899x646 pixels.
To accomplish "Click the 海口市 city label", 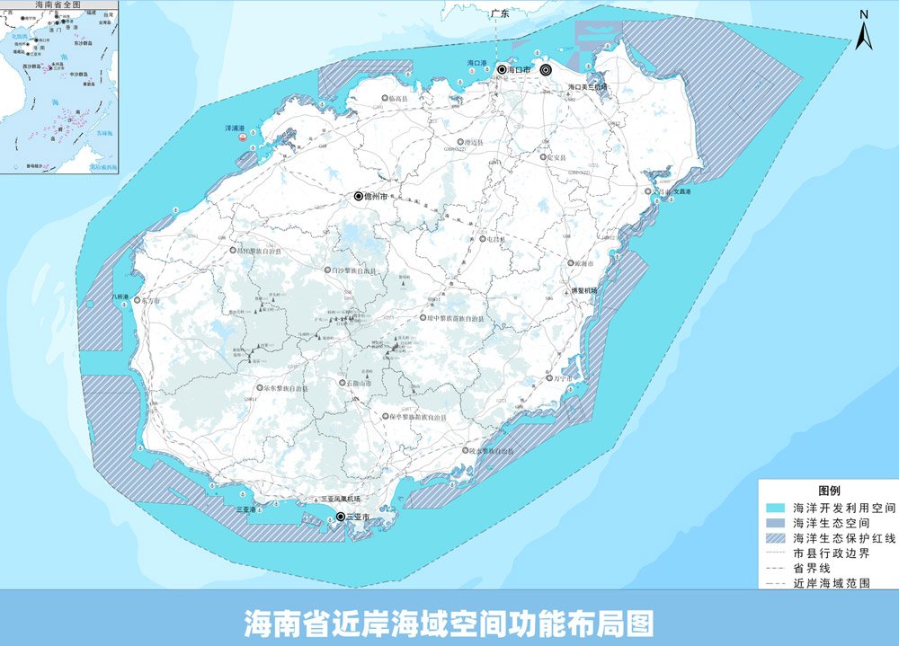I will pyautogui.click(x=520, y=69).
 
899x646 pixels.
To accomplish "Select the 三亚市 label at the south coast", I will pyautogui.click(x=357, y=517).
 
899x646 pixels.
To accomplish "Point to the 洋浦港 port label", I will pyautogui.click(x=236, y=128).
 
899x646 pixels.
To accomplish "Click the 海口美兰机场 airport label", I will pyautogui.click(x=588, y=87).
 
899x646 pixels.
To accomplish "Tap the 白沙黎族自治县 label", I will pyautogui.click(x=354, y=270).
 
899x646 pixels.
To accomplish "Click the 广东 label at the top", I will pyautogui.click(x=501, y=14).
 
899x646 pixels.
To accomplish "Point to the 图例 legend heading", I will pyautogui.click(x=828, y=491).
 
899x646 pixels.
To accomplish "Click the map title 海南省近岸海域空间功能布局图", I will pyautogui.click(x=449, y=622).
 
